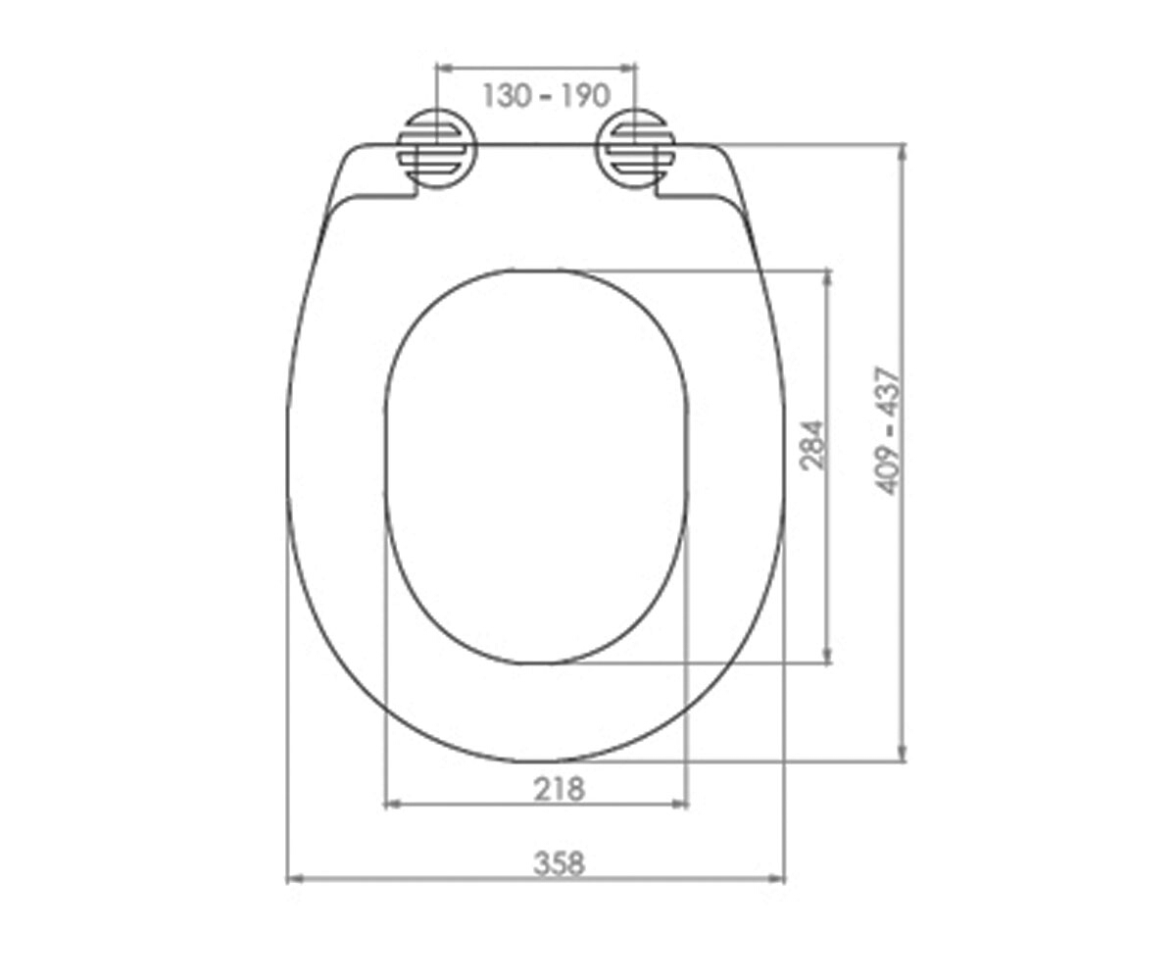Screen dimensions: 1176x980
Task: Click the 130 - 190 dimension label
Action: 546,96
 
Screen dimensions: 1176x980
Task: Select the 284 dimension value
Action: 812,445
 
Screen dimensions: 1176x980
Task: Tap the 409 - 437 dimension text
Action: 888,431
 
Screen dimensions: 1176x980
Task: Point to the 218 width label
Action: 559,789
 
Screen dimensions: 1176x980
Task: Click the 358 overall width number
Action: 559,863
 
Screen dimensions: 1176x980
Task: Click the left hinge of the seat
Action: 437,149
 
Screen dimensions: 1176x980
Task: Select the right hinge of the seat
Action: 636,149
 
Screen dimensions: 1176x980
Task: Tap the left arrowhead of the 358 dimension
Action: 295,879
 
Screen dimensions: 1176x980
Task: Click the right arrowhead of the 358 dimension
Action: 776,879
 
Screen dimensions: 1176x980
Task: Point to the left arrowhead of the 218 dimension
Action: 393,805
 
